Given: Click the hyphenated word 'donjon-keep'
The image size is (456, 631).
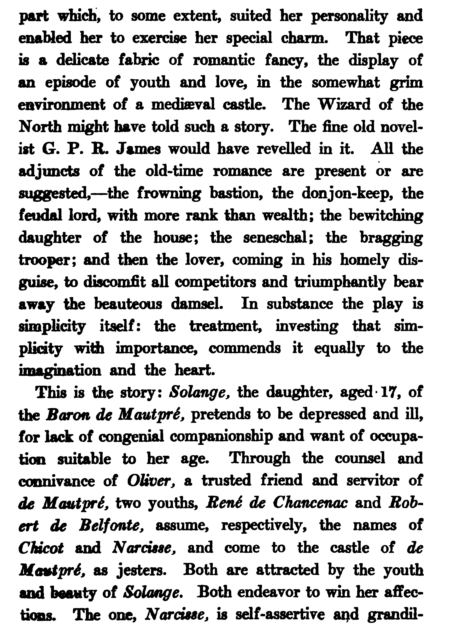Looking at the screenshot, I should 347,194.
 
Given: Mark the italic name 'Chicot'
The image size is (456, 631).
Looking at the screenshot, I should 41,548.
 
